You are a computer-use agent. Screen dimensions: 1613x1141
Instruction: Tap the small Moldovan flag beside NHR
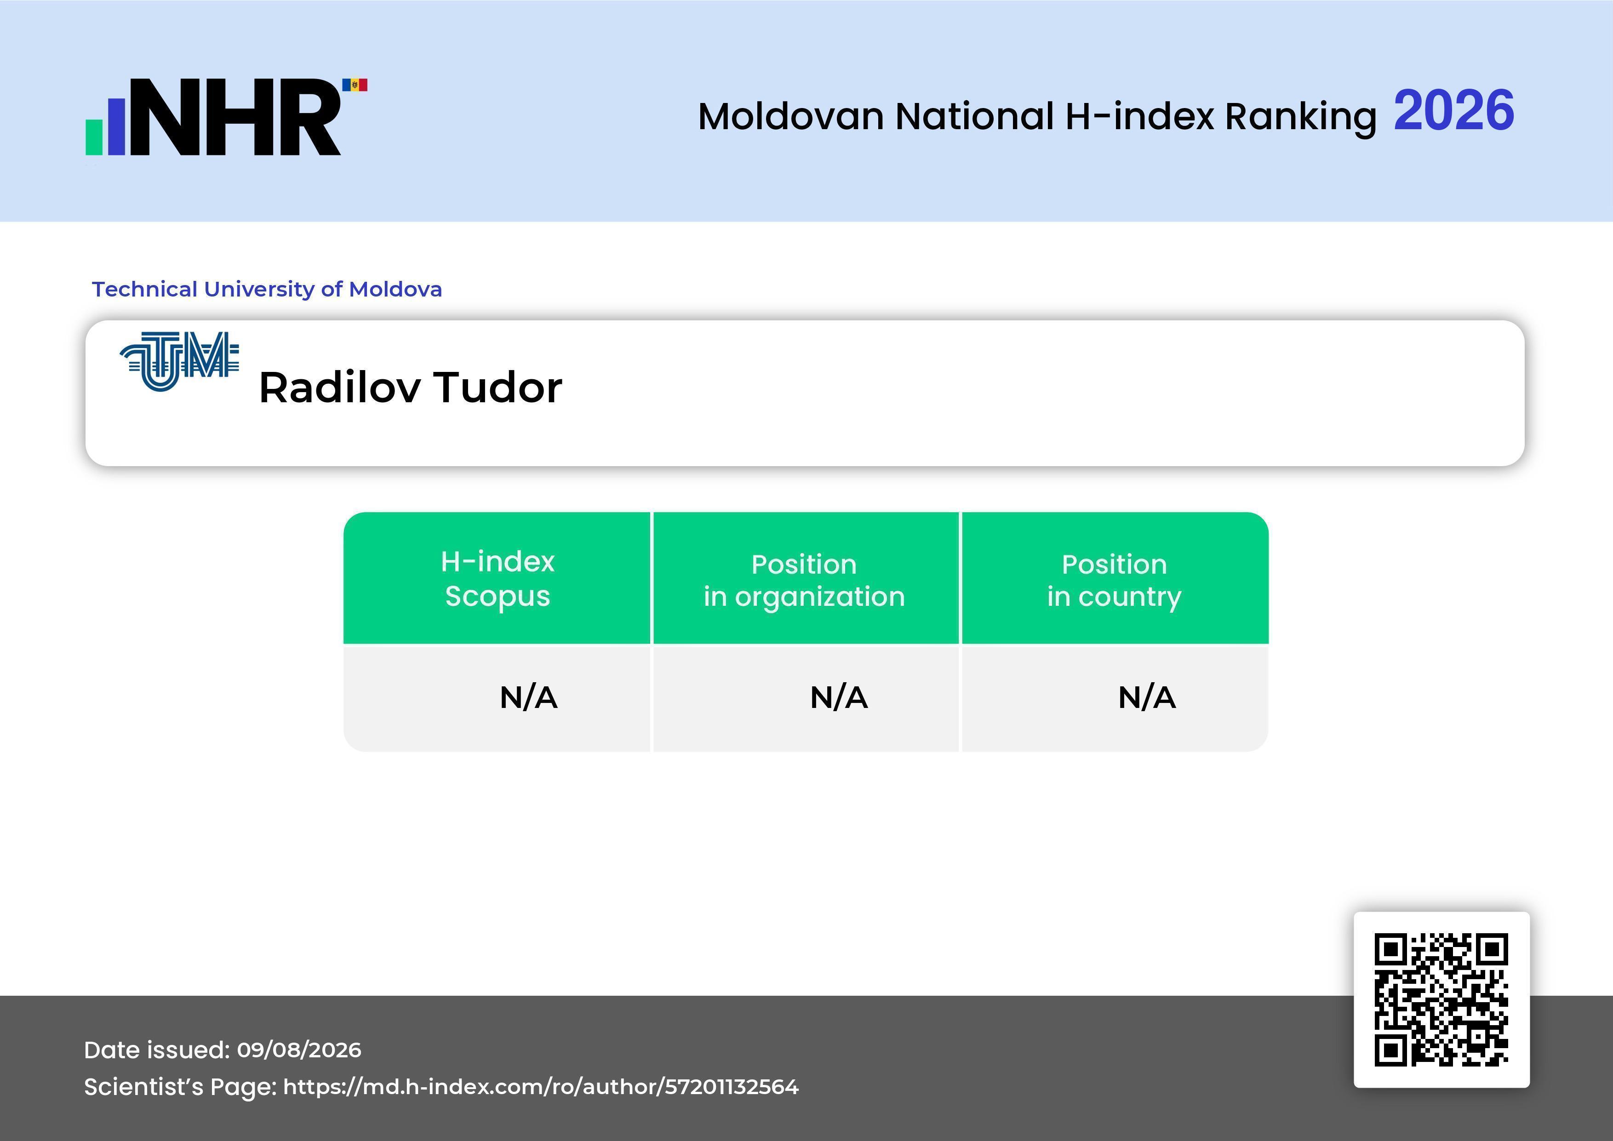[355, 85]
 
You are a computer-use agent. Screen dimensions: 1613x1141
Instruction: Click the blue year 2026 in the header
[1453, 110]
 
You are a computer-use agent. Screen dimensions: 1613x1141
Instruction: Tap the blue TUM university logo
[180, 362]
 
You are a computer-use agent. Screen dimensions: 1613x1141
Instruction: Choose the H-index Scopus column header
[498, 578]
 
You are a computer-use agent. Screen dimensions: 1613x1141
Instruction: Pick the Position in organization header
[804, 580]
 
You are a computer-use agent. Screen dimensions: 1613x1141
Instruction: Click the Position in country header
[1114, 580]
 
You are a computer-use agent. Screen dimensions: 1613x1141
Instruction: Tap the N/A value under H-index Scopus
[528, 698]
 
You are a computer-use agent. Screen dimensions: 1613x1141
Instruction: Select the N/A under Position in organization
[839, 698]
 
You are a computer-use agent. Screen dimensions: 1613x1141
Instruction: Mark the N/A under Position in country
[1146, 698]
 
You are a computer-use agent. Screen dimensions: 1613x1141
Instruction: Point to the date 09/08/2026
[299, 1050]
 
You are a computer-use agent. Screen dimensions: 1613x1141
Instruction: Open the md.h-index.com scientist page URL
[541, 1087]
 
